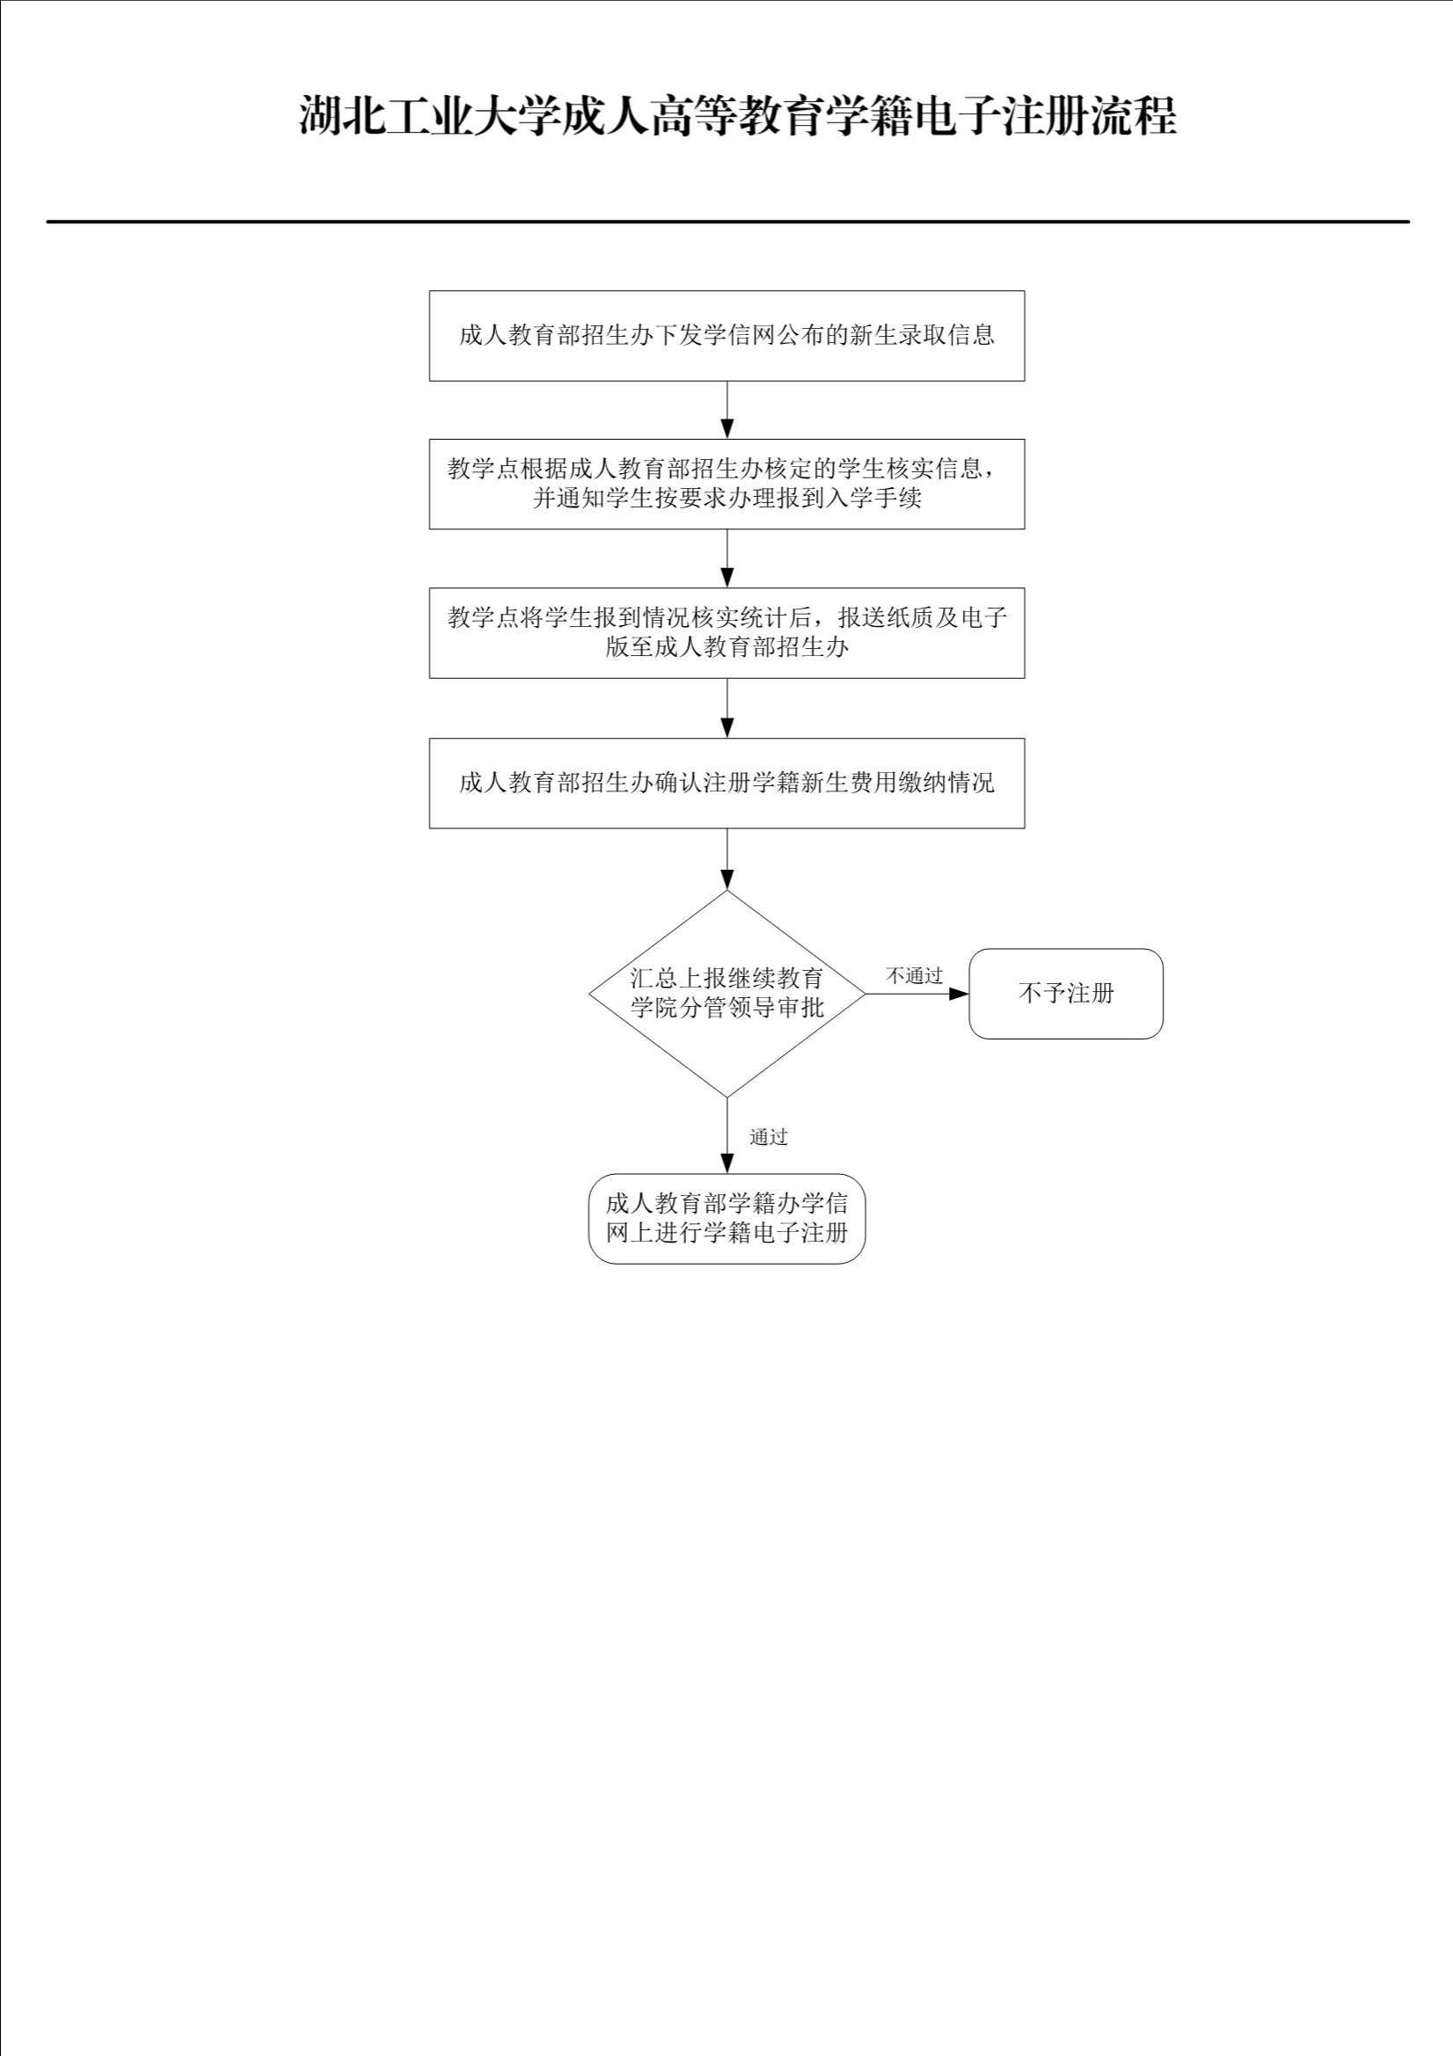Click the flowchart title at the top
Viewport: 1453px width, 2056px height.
(736, 116)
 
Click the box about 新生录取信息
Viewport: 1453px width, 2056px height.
(726, 336)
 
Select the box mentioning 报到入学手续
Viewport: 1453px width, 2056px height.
(726, 485)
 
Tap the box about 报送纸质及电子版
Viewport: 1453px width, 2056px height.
(726, 633)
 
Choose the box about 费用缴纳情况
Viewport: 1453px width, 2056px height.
(726, 784)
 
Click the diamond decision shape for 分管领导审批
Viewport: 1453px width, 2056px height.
(726, 993)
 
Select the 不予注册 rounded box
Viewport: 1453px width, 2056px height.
(1066, 994)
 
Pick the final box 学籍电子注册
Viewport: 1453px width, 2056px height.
(726, 1219)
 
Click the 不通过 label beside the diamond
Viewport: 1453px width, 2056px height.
(915, 976)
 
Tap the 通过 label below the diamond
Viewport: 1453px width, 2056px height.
(769, 1137)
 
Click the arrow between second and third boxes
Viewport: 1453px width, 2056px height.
(727, 558)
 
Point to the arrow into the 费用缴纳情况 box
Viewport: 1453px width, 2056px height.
(727, 708)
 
